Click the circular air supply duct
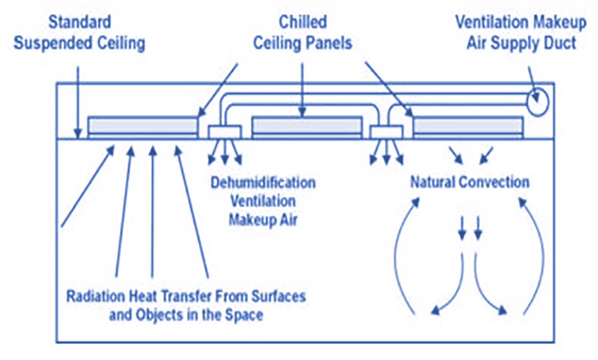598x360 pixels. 537,102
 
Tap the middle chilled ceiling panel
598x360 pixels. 307,126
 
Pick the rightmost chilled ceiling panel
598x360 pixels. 468,126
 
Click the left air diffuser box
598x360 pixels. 224,132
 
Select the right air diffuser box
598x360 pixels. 386,132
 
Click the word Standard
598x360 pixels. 80,22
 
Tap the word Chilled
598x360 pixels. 302,22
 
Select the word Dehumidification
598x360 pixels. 263,183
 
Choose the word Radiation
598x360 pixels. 95,296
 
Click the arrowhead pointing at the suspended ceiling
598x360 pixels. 78,134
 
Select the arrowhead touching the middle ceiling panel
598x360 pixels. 302,113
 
